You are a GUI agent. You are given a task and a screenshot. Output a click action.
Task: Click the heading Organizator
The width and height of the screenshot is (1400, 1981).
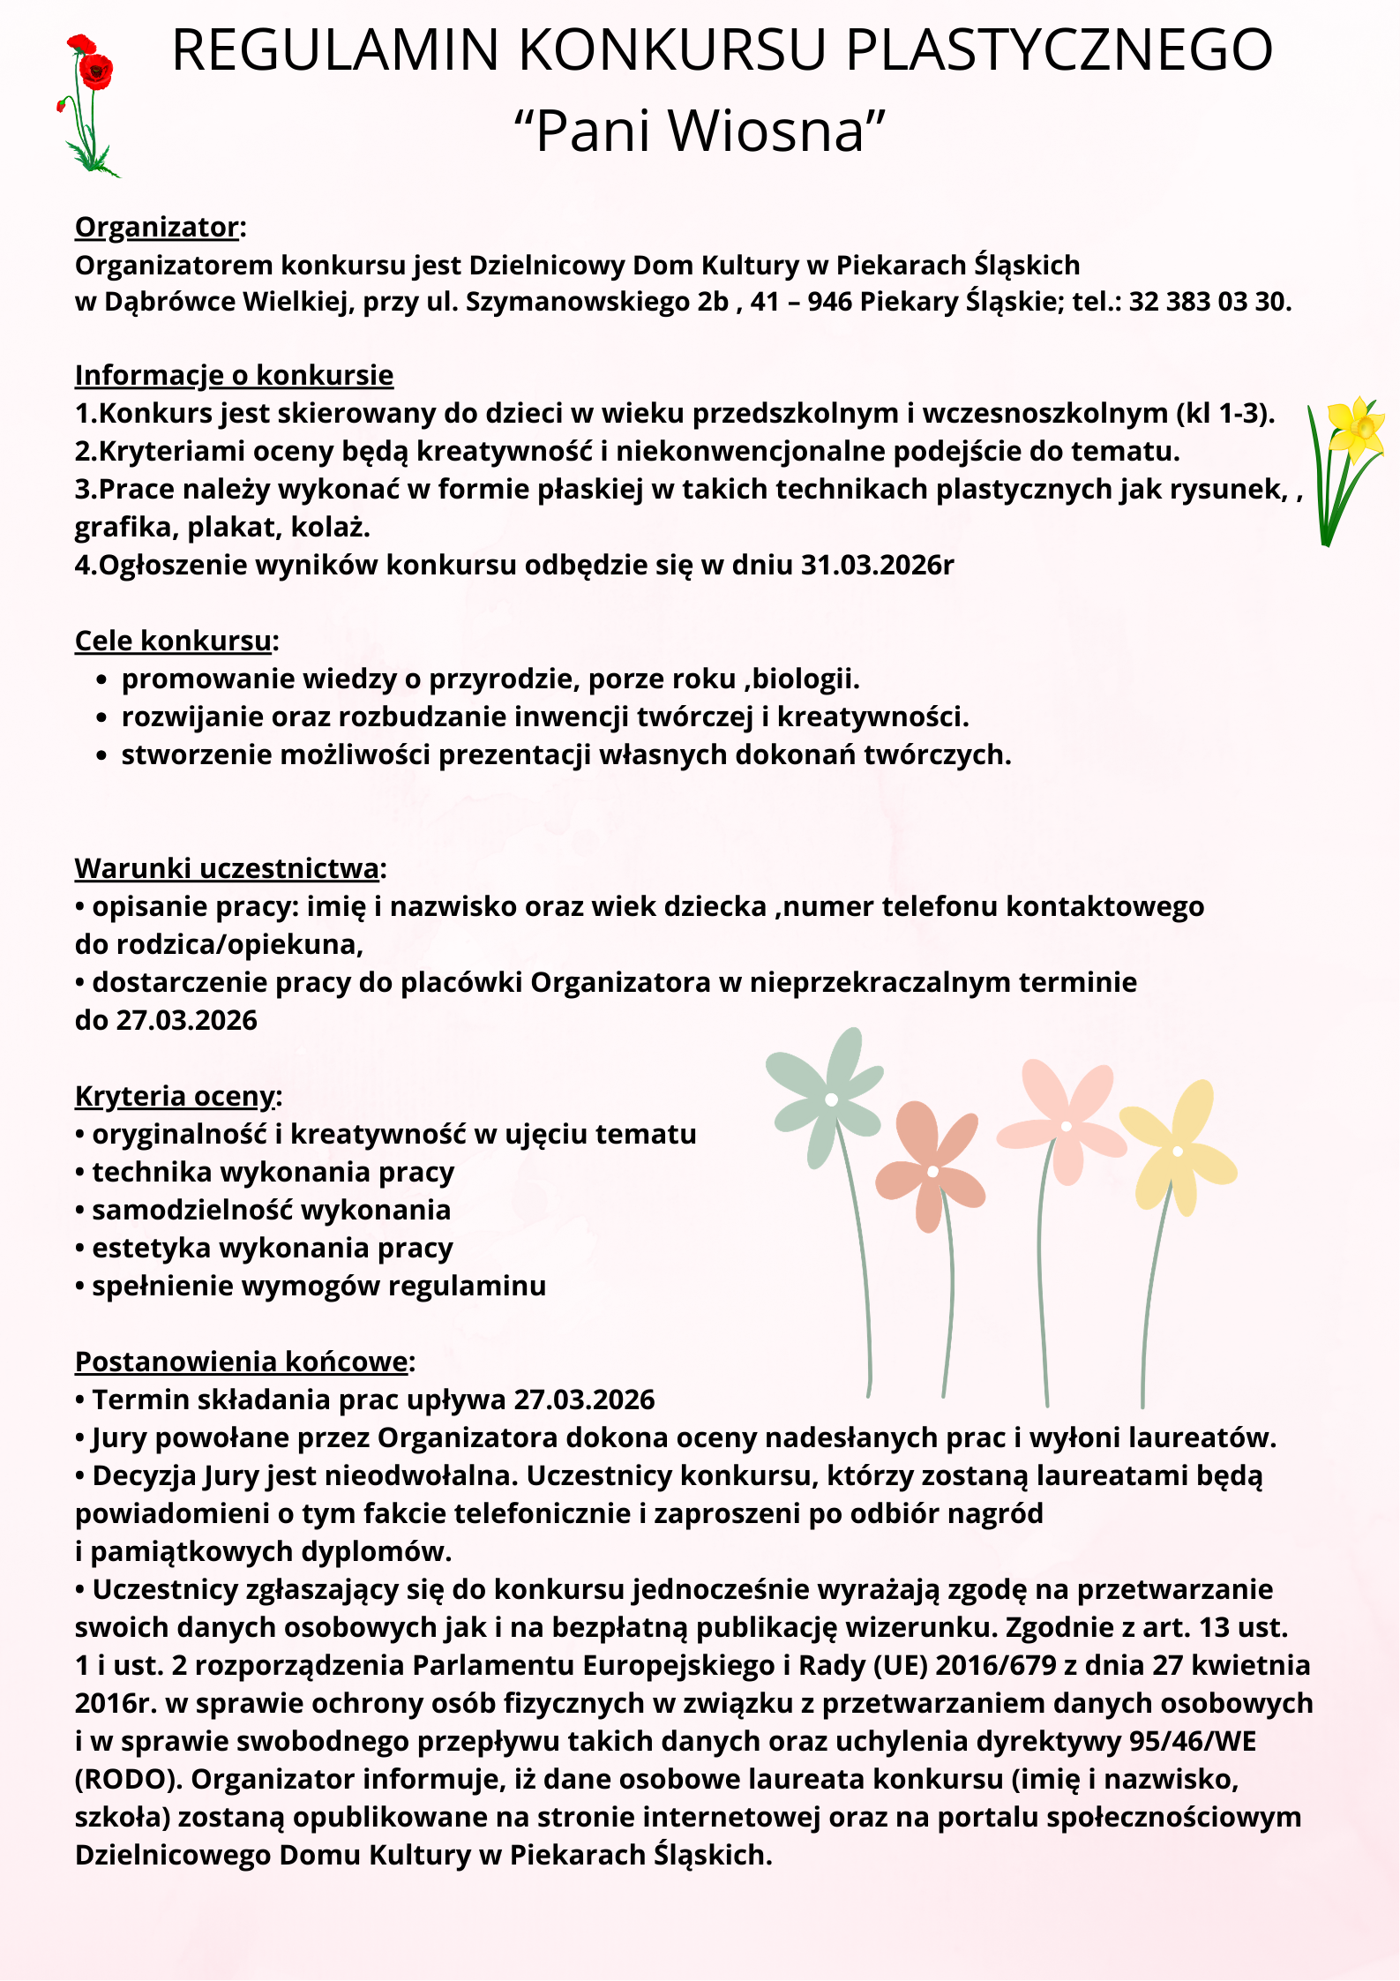(157, 227)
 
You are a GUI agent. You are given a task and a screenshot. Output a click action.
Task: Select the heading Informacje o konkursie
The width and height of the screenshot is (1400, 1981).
(234, 375)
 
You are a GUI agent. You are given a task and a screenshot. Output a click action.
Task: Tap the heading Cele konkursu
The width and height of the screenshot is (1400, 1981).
(173, 641)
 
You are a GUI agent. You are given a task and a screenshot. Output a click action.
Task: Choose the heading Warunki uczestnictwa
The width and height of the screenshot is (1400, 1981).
(227, 868)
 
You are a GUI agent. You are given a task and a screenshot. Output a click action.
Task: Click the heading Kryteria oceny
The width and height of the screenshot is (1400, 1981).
(175, 1096)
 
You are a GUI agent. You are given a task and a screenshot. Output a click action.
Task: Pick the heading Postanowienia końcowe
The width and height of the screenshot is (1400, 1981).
(241, 1362)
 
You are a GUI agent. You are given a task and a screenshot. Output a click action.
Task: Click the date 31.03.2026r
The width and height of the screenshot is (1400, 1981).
(877, 565)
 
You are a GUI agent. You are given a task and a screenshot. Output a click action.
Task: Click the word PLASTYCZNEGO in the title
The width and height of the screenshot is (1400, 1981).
(1059, 50)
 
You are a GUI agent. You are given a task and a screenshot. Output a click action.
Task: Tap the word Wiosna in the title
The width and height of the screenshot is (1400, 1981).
(766, 131)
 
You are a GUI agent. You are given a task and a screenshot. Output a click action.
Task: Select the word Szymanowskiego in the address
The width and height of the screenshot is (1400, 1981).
(577, 302)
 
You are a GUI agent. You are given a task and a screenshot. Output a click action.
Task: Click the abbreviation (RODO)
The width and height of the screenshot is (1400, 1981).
(129, 1779)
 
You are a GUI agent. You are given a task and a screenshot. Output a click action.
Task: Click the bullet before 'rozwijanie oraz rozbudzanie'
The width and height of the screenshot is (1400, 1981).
(102, 718)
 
